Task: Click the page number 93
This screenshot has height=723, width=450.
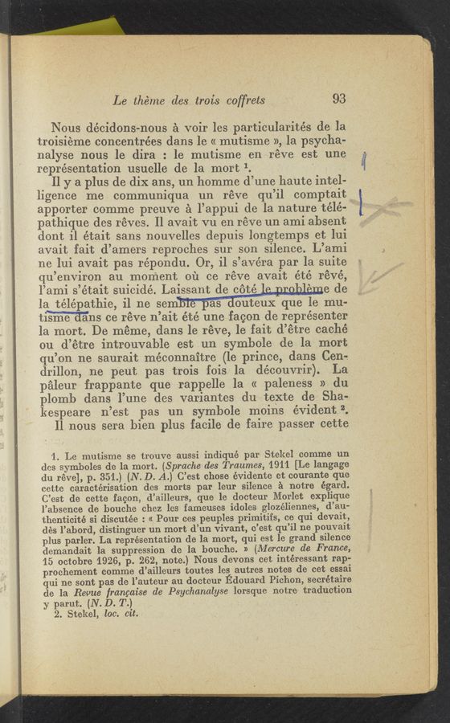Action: pos(338,100)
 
